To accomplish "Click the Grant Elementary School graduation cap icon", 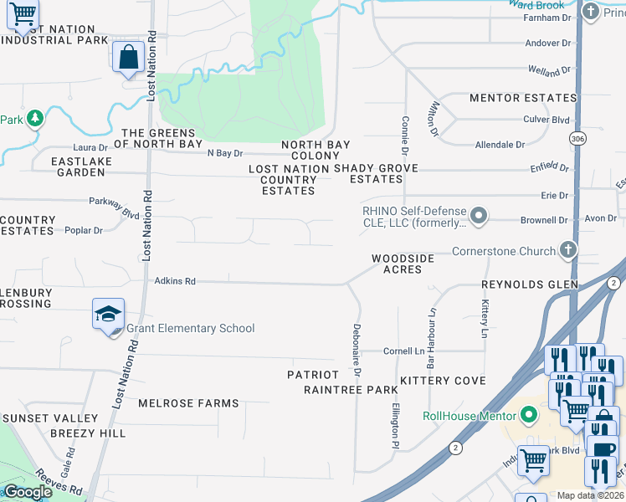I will tap(109, 315).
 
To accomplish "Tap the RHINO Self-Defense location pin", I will tap(479, 217).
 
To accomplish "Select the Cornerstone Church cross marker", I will tap(568, 250).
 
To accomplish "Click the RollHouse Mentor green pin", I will tap(528, 415).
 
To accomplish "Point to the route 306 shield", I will tap(576, 137).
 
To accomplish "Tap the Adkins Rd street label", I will tap(175, 282).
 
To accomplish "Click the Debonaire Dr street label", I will tap(357, 348).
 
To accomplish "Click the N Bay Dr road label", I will tap(224, 153).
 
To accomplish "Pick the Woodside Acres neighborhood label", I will tap(403, 264).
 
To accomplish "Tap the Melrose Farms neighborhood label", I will tap(188, 403).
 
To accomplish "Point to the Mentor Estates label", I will tap(523, 99).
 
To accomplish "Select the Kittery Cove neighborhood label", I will tap(443, 381).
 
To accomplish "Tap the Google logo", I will tap(28, 493).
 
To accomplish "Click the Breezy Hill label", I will tap(88, 433).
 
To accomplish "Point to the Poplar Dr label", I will tap(83, 230).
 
